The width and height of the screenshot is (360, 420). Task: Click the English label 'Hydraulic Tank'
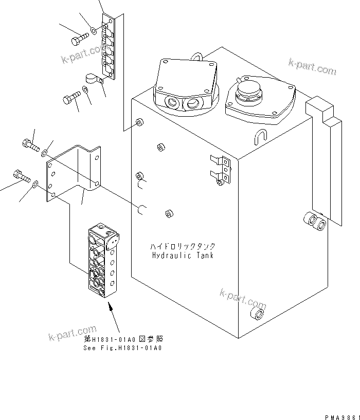[x=183, y=255]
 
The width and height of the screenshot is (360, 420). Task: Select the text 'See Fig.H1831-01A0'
[x=123, y=348]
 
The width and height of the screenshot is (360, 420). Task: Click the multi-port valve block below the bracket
[x=103, y=260]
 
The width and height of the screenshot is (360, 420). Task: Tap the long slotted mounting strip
[x=109, y=47]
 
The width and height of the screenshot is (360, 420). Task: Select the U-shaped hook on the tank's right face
[x=261, y=136]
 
